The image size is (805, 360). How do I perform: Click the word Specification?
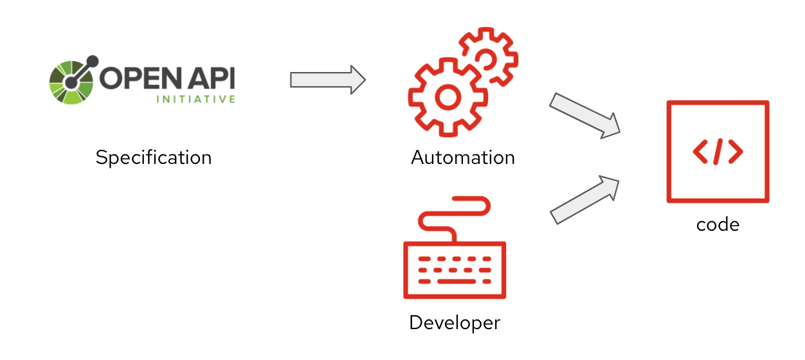coord(153,157)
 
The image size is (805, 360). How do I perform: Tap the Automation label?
coord(463,157)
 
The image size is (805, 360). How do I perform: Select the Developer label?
coord(455,322)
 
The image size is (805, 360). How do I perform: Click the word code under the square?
coord(718,224)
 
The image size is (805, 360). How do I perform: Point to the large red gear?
coord(444,96)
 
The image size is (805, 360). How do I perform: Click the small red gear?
coord(488,57)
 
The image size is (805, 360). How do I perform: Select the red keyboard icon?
coord(455,270)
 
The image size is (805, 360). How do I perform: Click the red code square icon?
coord(718,152)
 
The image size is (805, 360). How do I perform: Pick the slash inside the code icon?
coord(718,152)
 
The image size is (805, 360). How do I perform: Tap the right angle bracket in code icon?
coord(736,152)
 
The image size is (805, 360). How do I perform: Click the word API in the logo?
coord(210,78)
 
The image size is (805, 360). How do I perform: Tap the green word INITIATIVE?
coord(195,100)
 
